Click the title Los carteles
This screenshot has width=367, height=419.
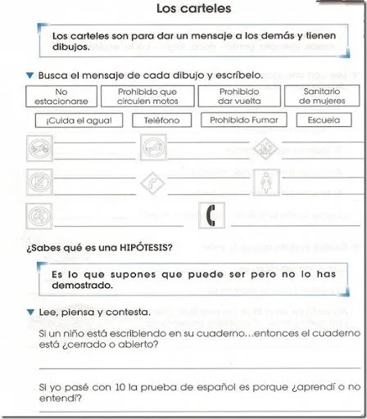click(193, 10)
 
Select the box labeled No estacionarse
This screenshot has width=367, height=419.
click(59, 97)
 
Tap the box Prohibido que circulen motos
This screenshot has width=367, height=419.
click(147, 97)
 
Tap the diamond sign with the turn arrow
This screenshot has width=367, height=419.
click(149, 182)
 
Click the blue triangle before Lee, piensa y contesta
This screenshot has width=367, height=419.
click(30, 313)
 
